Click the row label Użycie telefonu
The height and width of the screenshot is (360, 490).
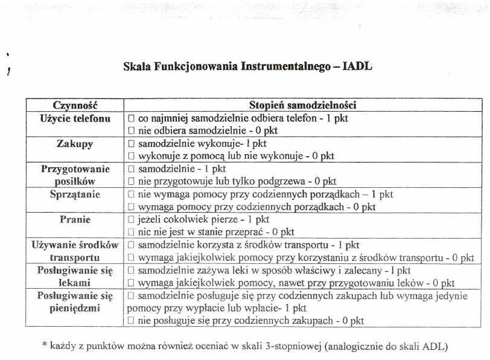point(75,118)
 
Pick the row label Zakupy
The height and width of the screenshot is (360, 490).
point(75,144)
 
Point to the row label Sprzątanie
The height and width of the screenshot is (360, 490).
point(75,194)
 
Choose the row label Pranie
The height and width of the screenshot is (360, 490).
point(75,219)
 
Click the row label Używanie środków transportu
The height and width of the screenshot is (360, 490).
point(75,251)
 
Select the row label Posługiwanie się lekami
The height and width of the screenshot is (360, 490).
point(75,277)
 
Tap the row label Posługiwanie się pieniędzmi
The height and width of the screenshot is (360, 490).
point(75,302)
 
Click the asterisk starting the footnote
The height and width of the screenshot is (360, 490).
point(44,346)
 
